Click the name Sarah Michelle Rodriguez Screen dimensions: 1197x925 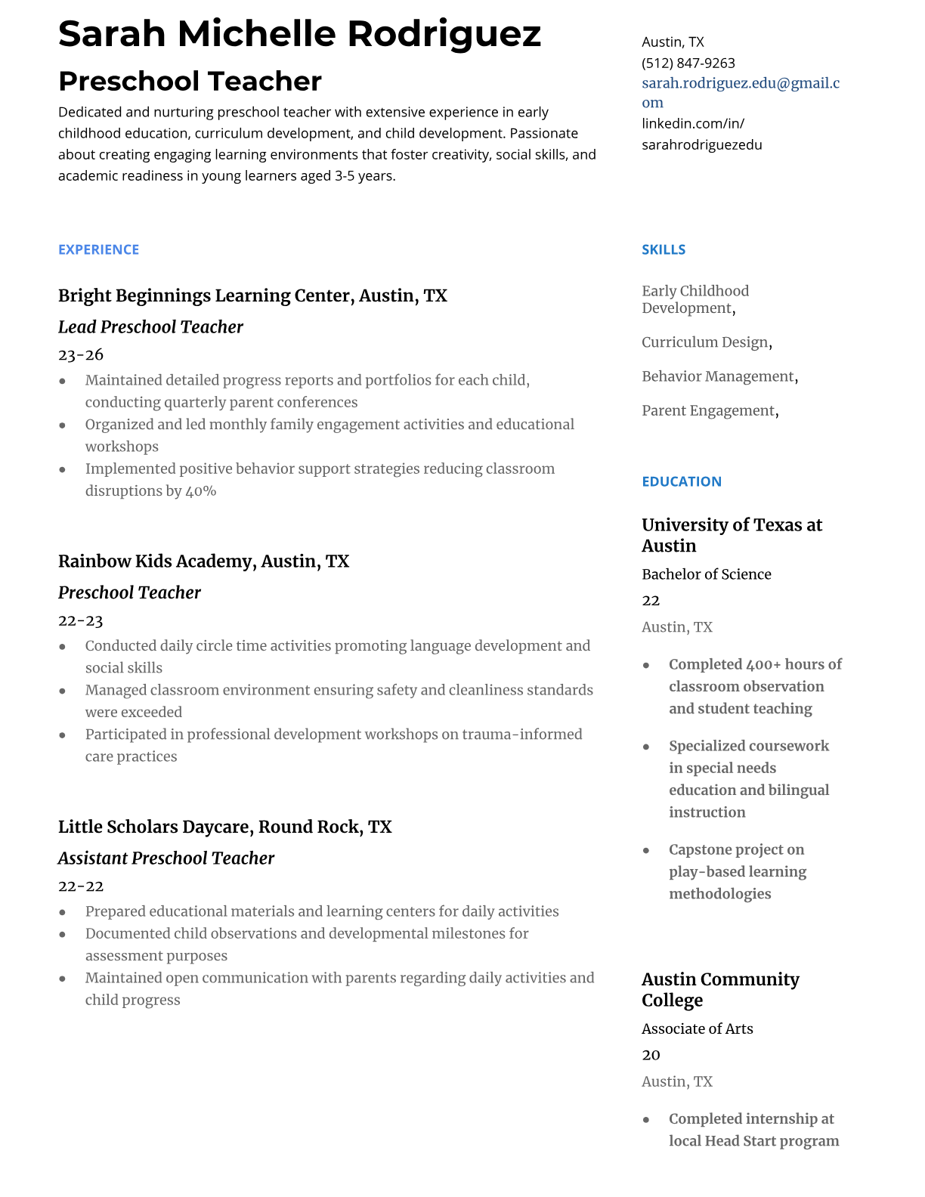[299, 34]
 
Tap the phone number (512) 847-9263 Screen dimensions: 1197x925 [688, 63]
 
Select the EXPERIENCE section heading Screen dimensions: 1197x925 [98, 249]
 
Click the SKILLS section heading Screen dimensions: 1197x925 [663, 249]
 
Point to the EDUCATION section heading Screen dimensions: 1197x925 [681, 481]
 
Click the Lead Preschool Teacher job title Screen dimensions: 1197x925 [150, 327]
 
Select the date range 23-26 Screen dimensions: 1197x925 [81, 355]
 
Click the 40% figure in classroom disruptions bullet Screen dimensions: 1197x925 [201, 491]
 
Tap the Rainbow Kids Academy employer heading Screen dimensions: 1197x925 [203, 561]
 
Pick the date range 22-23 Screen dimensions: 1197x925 [81, 621]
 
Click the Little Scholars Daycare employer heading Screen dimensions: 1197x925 [224, 827]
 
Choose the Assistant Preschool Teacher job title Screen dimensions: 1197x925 [166, 858]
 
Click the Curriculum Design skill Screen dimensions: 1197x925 [705, 342]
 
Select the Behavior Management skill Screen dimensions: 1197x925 [718, 376]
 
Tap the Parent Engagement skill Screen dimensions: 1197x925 [708, 410]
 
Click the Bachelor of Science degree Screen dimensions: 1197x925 [706, 574]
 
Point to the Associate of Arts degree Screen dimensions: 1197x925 [697, 1028]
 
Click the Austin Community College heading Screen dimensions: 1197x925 [719, 989]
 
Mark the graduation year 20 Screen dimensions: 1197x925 [651, 1055]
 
